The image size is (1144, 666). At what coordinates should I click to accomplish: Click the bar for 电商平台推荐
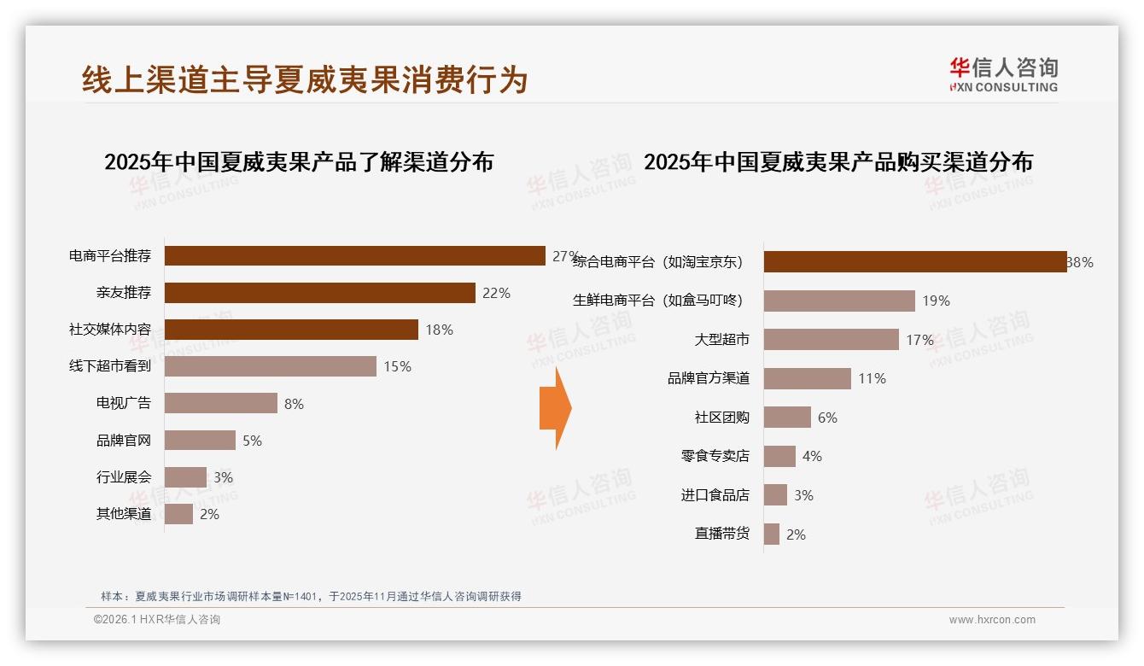pos(354,256)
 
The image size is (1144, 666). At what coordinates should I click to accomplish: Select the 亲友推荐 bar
pos(319,293)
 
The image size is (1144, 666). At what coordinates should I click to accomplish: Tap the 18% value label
pos(439,330)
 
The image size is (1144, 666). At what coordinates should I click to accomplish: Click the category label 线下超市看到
pos(110,366)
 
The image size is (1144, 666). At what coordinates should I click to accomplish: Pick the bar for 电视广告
pos(220,403)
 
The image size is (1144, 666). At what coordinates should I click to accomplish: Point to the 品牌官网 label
pos(123,441)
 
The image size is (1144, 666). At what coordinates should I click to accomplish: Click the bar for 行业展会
pos(185,477)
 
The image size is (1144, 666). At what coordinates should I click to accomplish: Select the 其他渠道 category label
pos(123,514)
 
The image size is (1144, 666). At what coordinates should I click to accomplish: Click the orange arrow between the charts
pos(555,408)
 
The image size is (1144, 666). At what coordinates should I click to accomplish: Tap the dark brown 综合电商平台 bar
pos(914,262)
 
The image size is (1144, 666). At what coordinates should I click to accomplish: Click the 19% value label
pos(936,301)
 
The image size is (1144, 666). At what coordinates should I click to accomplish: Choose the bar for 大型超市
pos(831,340)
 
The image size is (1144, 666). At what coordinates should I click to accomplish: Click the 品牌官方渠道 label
pos(708,378)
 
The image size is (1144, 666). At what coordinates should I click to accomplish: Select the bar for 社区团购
pos(787,418)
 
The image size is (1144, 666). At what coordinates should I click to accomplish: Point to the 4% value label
pos(812,457)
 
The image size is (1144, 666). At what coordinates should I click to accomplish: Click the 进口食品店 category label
pos(715,495)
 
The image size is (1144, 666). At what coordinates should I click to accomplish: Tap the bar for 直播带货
pos(771,535)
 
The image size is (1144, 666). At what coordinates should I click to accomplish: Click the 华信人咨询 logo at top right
pos(1003,75)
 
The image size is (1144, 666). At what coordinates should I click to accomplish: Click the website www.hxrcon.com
pos(992,620)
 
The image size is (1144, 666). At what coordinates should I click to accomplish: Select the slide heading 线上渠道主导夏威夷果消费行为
pos(305,79)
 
